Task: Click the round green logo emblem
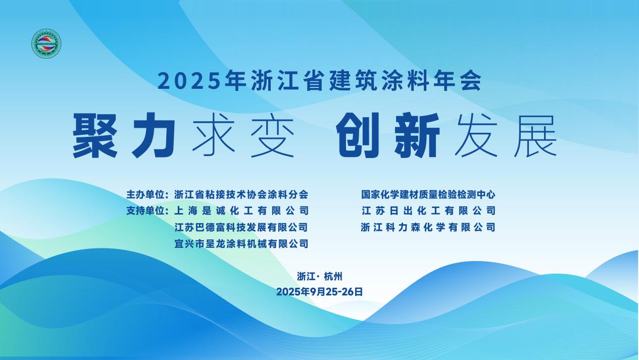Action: click(46, 43)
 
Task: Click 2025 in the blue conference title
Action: click(190, 81)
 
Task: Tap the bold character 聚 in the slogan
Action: click(95, 135)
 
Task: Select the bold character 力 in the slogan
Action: click(154, 135)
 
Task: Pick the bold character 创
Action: click(358, 135)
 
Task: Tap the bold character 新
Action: click(417, 135)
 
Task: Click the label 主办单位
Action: click(145, 194)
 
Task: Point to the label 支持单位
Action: click(145, 211)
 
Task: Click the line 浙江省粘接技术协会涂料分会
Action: click(241, 194)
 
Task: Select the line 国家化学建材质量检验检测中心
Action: click(428, 194)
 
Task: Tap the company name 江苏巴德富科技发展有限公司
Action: click(241, 227)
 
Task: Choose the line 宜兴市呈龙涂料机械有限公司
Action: click(241, 244)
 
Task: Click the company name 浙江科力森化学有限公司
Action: click(428, 227)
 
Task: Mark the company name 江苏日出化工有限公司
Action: click(428, 211)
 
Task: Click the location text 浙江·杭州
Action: click(319, 276)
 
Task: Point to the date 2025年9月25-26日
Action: click(319, 292)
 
